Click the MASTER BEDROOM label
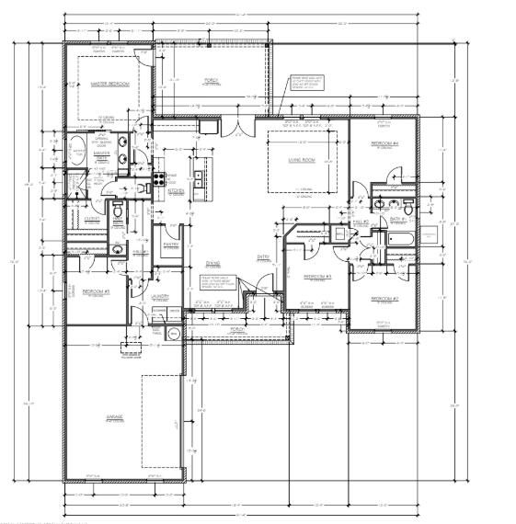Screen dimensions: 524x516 pyautogui.click(x=109, y=85)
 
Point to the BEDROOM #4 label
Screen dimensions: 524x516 pyautogui.click(x=384, y=144)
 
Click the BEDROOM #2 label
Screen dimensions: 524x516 pyautogui.click(x=384, y=299)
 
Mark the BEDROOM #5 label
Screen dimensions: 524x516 pyautogui.click(x=96, y=291)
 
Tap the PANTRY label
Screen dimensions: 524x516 pyautogui.click(x=170, y=244)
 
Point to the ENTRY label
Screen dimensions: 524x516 pyautogui.click(x=262, y=256)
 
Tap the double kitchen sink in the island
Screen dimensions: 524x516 pyautogui.click(x=198, y=177)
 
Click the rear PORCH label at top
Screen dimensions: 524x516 pyautogui.click(x=211, y=80)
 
